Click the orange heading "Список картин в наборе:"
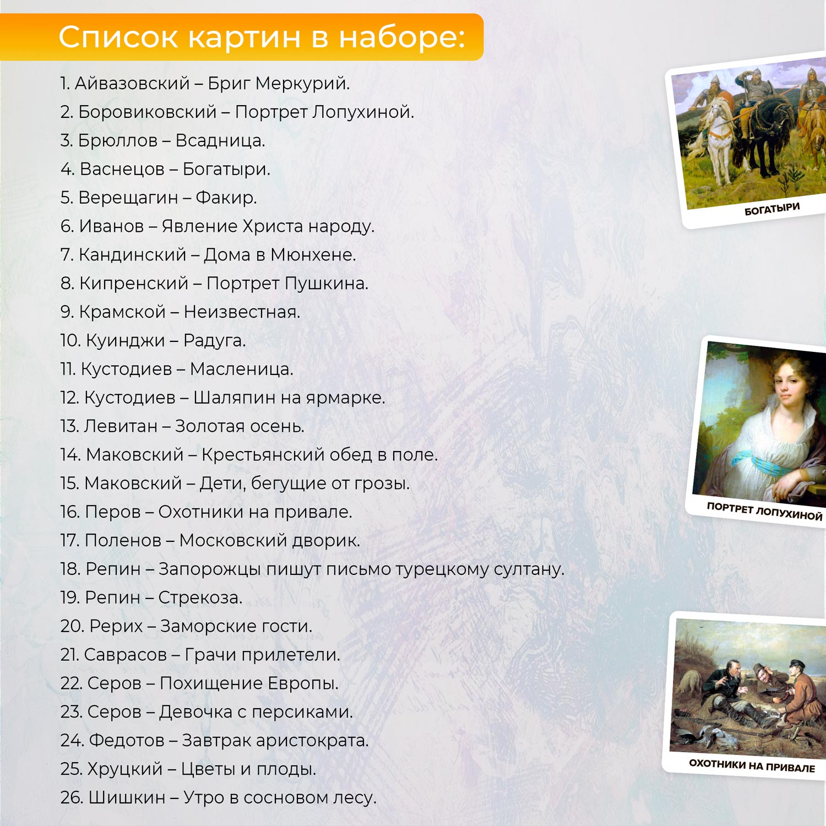(x=262, y=37)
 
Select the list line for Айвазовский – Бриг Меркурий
(x=205, y=83)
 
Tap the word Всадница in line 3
(x=220, y=140)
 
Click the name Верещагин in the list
(x=128, y=198)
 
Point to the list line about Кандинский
(x=208, y=254)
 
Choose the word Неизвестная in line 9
(x=242, y=312)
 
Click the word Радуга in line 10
(x=214, y=341)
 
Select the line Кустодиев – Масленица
(x=177, y=369)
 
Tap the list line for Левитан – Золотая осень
(x=182, y=426)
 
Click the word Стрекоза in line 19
(x=200, y=597)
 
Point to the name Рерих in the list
(x=116, y=626)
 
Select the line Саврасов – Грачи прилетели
(x=200, y=655)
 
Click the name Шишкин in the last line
(x=127, y=797)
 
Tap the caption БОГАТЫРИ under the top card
(x=772, y=209)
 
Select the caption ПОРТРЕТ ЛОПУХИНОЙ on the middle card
(x=764, y=512)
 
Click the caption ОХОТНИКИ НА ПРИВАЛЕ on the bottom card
(x=752, y=765)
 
